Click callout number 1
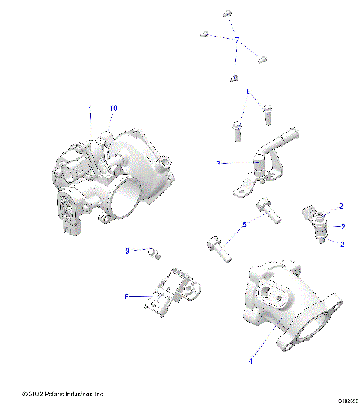tap(91, 109)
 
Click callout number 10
tap(113, 109)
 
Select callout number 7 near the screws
tap(237, 39)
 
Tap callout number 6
tap(248, 91)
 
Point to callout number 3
tap(218, 163)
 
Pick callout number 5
tap(244, 224)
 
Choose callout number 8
tap(127, 297)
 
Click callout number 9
tap(127, 250)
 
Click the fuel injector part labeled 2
tap(316, 223)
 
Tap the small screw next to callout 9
tap(152, 252)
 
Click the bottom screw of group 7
tap(234, 78)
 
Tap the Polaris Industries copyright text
tap(64, 394)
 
